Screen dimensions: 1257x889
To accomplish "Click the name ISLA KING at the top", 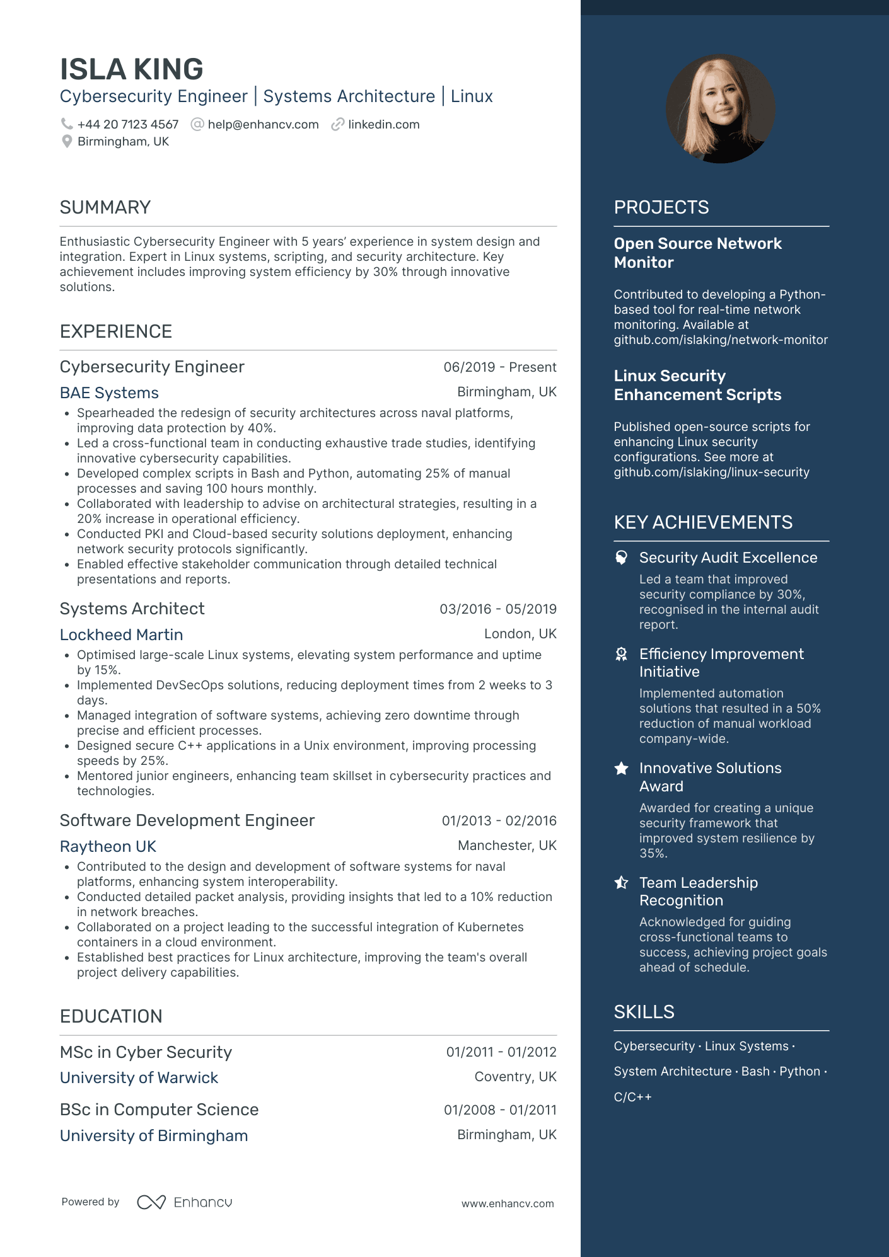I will tap(131, 69).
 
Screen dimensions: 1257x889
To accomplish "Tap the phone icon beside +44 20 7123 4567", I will tap(66, 124).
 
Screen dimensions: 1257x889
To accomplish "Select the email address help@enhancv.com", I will tap(263, 125).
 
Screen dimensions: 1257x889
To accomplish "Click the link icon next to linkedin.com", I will tap(338, 125).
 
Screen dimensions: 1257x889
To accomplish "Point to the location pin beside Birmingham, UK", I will tap(66, 142).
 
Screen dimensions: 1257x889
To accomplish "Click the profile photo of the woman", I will tap(721, 109).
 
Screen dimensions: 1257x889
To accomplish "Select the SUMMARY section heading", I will tap(105, 207).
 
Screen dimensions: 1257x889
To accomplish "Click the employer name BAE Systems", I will tap(109, 393).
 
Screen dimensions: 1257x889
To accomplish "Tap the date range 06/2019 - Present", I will tap(499, 367).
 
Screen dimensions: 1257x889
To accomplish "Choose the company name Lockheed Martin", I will tap(121, 635).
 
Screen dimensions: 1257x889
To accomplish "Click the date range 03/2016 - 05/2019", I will tap(497, 609).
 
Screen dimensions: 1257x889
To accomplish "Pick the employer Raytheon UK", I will tap(108, 847).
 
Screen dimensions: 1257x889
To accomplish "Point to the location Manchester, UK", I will tap(507, 846).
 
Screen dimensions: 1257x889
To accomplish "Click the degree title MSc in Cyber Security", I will tap(146, 1052).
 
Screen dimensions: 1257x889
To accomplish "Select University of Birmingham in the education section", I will tap(154, 1136).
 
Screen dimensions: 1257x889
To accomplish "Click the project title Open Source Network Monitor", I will tap(697, 253).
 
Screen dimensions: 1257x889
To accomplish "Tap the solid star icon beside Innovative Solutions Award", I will tap(622, 768).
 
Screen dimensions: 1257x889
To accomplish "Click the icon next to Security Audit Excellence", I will tap(622, 558).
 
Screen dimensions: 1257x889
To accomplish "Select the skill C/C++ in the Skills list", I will tap(632, 1097).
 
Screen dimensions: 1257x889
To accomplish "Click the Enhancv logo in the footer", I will tap(185, 1202).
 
